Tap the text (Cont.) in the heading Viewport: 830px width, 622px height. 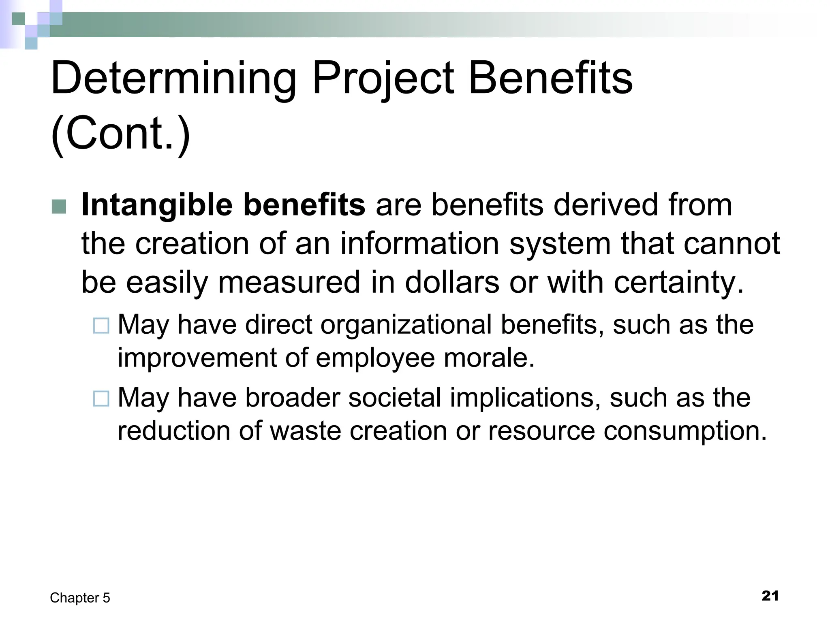[120, 133]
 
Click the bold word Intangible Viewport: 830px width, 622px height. [156, 204]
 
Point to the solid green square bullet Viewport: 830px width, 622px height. [59, 207]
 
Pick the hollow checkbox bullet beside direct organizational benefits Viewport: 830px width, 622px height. [101, 326]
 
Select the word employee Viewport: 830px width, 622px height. [375, 358]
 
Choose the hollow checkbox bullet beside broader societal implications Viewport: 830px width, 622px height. [101, 398]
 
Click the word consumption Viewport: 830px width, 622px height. [685, 430]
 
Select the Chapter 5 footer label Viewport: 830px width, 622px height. [80, 598]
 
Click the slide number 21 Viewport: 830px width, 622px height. [770, 596]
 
